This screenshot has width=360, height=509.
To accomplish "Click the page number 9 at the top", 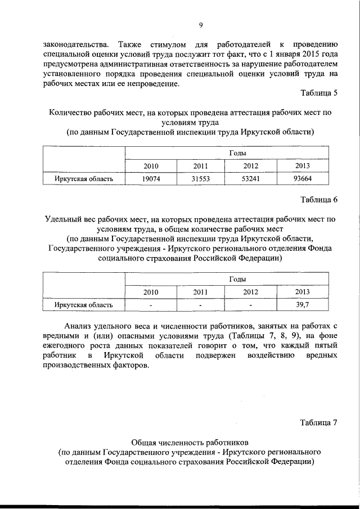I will (x=200, y=25).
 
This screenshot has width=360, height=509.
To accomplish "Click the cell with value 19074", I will (x=151, y=179).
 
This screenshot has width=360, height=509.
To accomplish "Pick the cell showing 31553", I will (x=201, y=179).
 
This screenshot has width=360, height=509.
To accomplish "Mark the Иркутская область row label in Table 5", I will (x=84, y=179).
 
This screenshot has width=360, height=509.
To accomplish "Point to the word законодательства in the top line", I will (x=73, y=44).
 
